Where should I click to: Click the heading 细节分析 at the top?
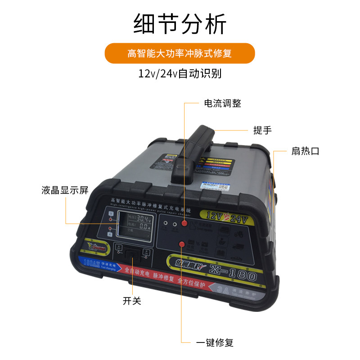(x=180, y=25)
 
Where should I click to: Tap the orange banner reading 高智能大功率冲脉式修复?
(x=180, y=54)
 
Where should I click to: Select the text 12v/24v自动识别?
(x=180, y=73)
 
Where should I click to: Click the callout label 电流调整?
(x=223, y=103)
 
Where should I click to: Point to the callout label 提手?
(x=262, y=130)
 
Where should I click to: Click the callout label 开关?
(x=132, y=301)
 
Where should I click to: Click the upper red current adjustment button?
(x=184, y=224)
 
